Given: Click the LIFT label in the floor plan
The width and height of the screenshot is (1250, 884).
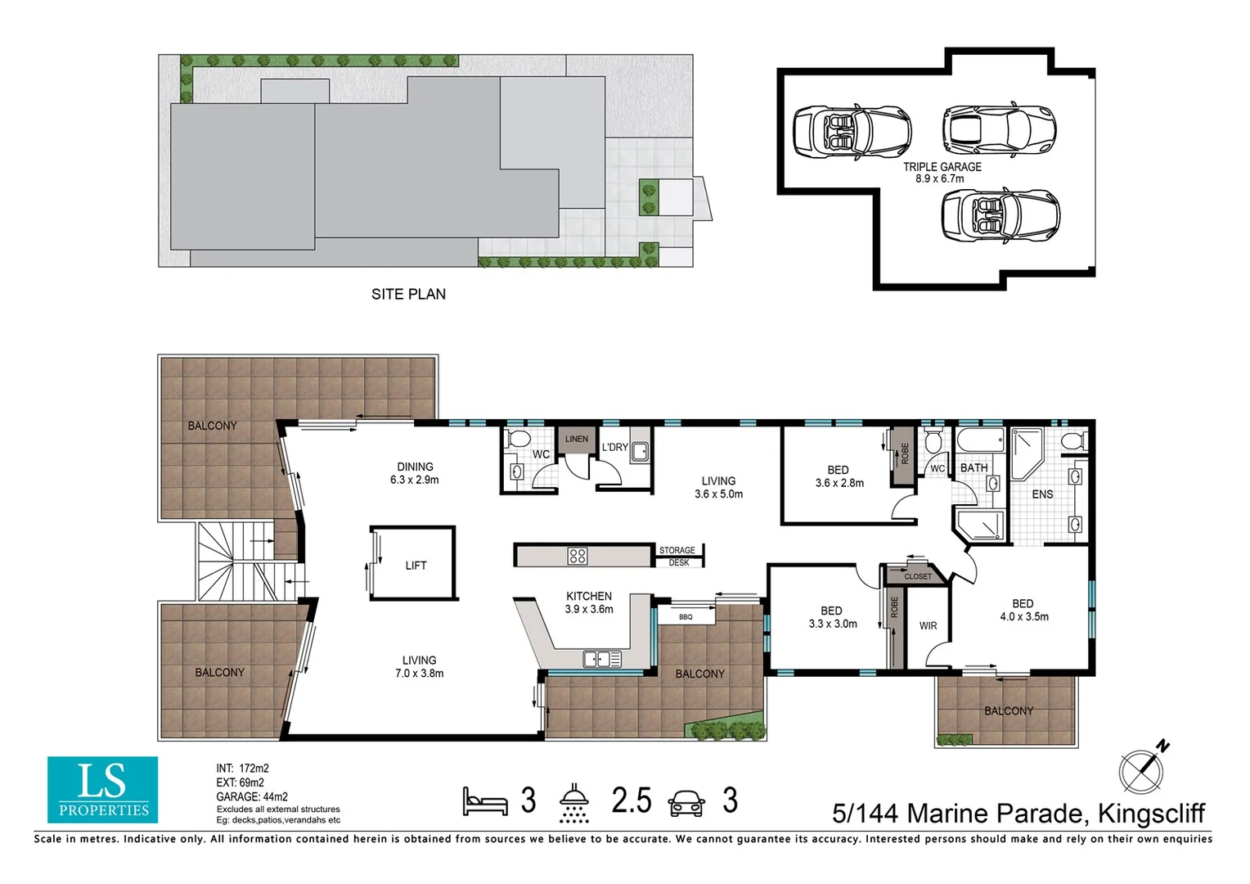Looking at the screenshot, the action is tap(416, 566).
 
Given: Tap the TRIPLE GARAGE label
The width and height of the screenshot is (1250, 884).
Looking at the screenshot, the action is tap(942, 167).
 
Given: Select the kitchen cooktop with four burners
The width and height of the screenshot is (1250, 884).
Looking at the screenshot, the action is tap(577, 556).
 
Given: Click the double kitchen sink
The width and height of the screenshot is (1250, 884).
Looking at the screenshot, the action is tap(601, 660).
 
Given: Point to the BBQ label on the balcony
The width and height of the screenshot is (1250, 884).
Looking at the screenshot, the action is tap(686, 617).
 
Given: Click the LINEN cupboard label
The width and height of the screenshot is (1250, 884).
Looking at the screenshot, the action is tap(577, 439).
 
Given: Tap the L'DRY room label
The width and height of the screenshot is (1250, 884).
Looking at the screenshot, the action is tap(615, 447).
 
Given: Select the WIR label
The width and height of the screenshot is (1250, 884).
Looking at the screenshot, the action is tap(928, 626).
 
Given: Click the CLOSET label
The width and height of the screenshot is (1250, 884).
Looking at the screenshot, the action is tap(918, 576).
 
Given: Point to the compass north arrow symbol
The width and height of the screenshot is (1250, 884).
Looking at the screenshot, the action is tap(1144, 769).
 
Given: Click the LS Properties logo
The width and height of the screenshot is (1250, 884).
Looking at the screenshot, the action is tap(103, 790).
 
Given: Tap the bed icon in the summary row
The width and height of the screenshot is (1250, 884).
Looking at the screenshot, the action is tap(485, 801).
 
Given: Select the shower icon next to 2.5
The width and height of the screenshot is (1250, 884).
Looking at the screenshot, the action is tap(574, 803).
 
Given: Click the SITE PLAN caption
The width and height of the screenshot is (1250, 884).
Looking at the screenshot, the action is tap(408, 295).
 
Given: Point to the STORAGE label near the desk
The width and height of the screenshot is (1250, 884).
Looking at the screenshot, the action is tap(677, 550).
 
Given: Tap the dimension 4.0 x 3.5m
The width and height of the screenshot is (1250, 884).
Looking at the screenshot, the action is tap(1024, 617).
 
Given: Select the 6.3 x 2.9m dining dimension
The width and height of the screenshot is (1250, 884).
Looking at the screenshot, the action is tap(415, 480).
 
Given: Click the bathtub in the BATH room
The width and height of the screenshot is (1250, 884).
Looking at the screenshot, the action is tap(981, 440).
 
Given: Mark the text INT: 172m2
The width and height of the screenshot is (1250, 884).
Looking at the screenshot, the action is tap(243, 769).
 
